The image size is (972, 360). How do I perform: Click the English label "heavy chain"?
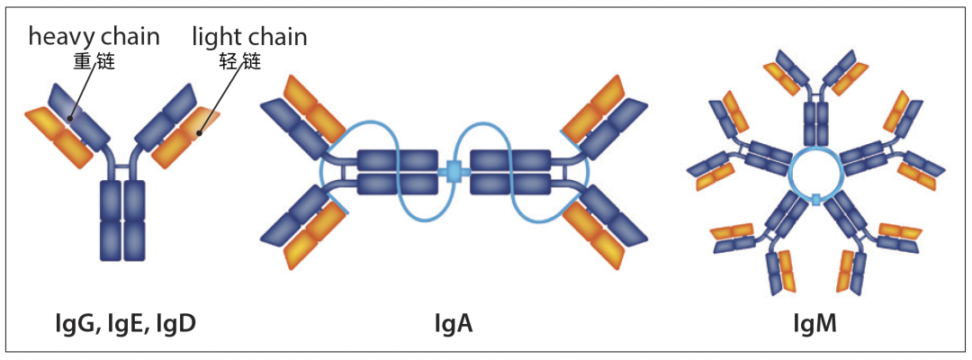coord(94,37)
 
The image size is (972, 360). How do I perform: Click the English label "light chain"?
coord(249,37)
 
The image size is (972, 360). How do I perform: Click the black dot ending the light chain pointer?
coord(199,132)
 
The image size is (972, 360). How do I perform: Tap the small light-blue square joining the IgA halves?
coord(455,172)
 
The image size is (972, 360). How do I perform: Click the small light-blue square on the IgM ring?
coord(816,198)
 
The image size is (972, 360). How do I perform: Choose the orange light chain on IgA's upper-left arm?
coord(314,107)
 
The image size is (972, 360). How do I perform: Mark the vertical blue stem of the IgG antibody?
coord(122,220)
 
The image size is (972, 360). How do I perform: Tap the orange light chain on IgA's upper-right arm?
coord(595,107)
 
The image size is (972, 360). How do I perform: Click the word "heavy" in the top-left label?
coord(62,37)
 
